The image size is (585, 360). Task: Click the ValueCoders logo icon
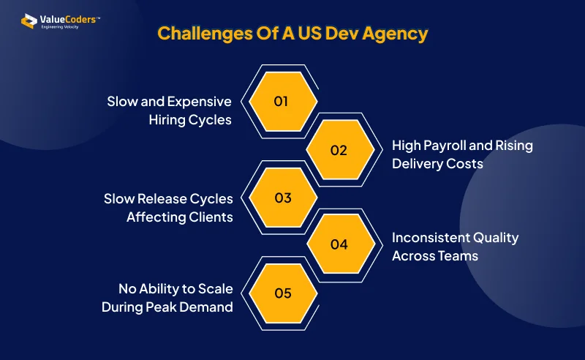coord(29,21)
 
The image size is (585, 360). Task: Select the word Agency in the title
coord(395,34)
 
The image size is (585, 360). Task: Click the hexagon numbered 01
coord(283,101)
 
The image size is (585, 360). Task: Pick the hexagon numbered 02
coord(340,149)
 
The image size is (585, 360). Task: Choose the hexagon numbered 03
coord(283,198)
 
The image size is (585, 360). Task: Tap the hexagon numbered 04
coord(341,244)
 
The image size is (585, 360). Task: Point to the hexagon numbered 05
coord(283,293)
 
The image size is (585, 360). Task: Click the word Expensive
coord(200,102)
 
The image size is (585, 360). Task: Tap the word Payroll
coord(445,146)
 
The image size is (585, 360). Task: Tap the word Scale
coord(215,289)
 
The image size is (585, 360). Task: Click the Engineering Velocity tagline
coord(60,27)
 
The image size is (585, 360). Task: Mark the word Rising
coord(514,146)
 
